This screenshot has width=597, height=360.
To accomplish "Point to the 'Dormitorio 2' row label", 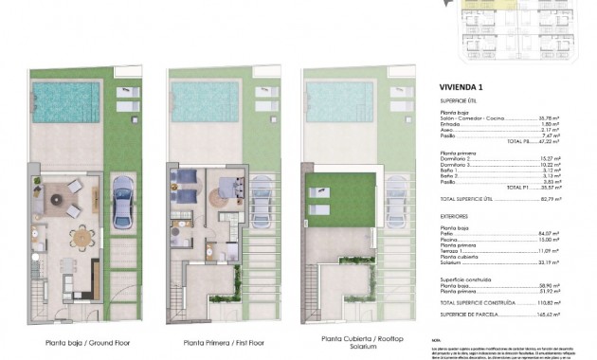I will coord(457,158).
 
